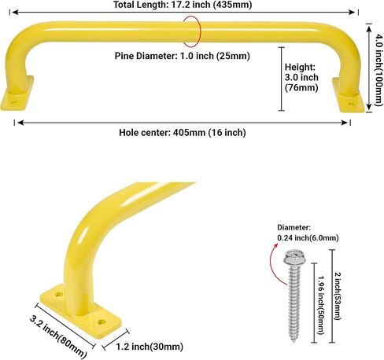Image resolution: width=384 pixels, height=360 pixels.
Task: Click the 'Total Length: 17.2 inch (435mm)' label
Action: point(183,5)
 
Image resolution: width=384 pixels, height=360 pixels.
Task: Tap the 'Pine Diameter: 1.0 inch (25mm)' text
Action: point(182,56)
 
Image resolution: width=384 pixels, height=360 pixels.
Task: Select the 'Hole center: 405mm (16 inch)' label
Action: point(183,132)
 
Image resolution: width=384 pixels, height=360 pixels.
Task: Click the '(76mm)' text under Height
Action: point(301,87)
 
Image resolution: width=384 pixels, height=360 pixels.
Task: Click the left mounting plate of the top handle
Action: point(17,94)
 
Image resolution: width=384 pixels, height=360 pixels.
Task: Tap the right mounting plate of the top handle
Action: point(349,96)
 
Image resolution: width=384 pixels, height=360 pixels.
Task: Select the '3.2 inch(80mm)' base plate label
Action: point(57,336)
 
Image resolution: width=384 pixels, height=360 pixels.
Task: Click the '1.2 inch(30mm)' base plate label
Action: point(150,347)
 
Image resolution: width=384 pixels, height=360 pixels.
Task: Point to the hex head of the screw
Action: point(294,257)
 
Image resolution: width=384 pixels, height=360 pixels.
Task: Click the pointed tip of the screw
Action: point(294,341)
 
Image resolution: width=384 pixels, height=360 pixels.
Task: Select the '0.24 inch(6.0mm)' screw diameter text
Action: point(308,238)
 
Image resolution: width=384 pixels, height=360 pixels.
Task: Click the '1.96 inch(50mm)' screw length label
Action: point(321,305)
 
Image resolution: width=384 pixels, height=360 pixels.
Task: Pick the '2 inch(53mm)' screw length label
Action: point(338,296)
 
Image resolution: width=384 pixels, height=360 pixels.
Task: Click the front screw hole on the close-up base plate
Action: point(101,322)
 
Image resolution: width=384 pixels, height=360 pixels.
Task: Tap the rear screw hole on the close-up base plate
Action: point(58,295)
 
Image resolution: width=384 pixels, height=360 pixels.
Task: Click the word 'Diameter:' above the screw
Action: point(294,227)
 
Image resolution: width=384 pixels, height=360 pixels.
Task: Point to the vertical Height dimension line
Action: point(282,79)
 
